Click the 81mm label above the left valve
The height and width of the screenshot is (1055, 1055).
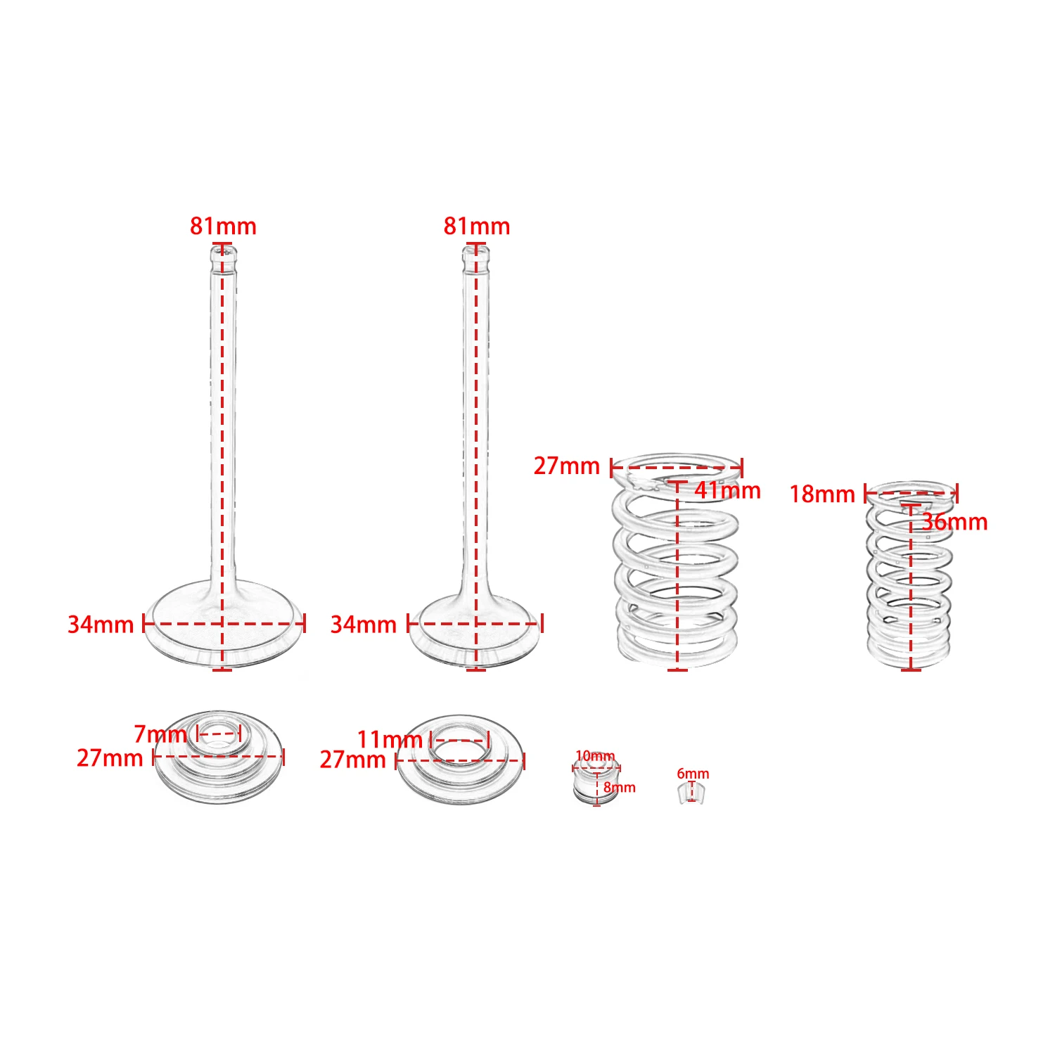click(x=223, y=226)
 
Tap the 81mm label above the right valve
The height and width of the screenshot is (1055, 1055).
click(x=476, y=226)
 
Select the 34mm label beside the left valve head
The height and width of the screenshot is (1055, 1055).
click(x=101, y=625)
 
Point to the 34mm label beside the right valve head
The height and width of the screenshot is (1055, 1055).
click(x=364, y=625)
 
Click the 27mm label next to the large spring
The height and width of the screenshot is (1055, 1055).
click(x=567, y=466)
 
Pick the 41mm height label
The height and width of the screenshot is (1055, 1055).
click(x=727, y=490)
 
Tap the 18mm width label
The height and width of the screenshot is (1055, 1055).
click(x=821, y=494)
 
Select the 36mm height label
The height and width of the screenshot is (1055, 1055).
click(x=954, y=522)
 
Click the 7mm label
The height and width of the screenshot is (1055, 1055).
click(x=160, y=734)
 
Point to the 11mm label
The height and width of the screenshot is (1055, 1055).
click(x=390, y=740)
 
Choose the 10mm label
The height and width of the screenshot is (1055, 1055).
click(x=595, y=756)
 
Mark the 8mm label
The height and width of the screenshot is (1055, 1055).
click(x=620, y=788)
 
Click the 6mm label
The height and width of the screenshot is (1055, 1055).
click(x=693, y=774)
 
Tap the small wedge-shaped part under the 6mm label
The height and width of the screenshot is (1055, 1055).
click(x=691, y=793)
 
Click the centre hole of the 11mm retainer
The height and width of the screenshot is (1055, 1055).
click(x=459, y=747)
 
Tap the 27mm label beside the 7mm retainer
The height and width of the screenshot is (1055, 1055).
click(x=110, y=758)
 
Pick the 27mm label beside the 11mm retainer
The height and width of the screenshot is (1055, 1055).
click(x=352, y=760)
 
